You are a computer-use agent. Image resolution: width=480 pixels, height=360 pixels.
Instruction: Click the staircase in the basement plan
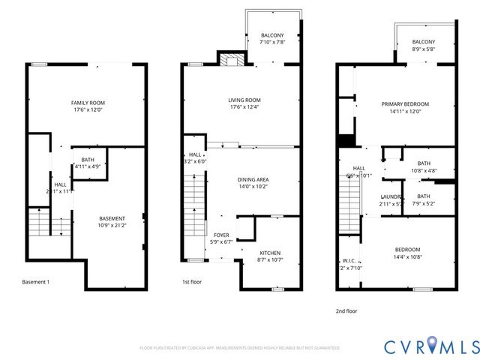pyautogui.click(x=39, y=223)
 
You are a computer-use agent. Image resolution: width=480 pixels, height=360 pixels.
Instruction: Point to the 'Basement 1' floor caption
pyautogui.click(x=36, y=282)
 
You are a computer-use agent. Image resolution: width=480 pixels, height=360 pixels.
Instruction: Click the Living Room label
pyautogui.click(x=244, y=103)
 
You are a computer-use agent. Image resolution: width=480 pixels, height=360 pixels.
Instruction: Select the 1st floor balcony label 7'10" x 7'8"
pyautogui.click(x=272, y=39)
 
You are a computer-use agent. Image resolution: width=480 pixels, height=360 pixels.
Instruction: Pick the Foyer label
pyautogui.click(x=221, y=238)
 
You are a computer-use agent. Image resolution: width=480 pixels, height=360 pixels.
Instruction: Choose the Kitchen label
pyautogui.click(x=269, y=256)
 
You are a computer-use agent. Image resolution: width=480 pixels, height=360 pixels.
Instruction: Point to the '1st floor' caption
pyautogui.click(x=193, y=282)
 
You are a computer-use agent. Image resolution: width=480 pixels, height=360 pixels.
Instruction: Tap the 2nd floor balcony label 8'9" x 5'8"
pyautogui.click(x=424, y=46)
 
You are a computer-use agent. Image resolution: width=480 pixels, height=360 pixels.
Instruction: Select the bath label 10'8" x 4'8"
pyautogui.click(x=424, y=167)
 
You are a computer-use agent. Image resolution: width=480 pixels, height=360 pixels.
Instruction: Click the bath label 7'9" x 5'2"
pyautogui.click(x=424, y=200)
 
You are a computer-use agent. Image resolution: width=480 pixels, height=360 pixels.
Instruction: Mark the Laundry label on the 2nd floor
pyautogui.click(x=391, y=200)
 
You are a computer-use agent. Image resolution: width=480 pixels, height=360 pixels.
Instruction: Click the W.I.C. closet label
pyautogui.click(x=350, y=265)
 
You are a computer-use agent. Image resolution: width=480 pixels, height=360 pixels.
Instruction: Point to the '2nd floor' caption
pyautogui.click(x=347, y=308)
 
